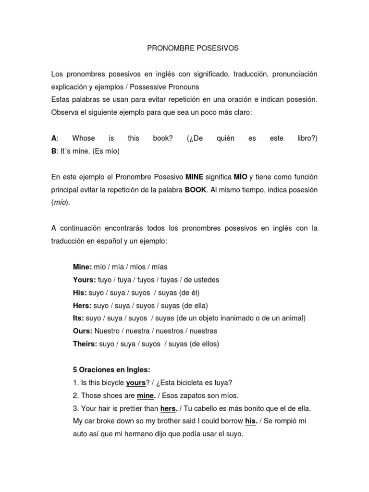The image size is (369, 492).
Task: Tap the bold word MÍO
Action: click(x=240, y=177)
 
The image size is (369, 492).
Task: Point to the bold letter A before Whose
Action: click(x=54, y=138)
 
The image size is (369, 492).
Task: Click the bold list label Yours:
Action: click(x=84, y=280)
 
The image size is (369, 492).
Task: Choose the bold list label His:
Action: click(x=79, y=293)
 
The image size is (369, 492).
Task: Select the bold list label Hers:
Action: click(x=82, y=306)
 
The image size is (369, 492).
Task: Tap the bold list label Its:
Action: click(x=78, y=318)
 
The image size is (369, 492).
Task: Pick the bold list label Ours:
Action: click(x=83, y=331)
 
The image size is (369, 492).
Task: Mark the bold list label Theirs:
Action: click(x=85, y=344)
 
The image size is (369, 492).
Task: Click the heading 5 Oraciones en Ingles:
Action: click(x=111, y=370)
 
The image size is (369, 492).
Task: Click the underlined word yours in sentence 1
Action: click(x=135, y=383)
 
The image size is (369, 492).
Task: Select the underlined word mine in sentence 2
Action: click(x=146, y=396)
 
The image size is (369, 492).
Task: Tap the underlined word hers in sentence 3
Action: click(x=168, y=409)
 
